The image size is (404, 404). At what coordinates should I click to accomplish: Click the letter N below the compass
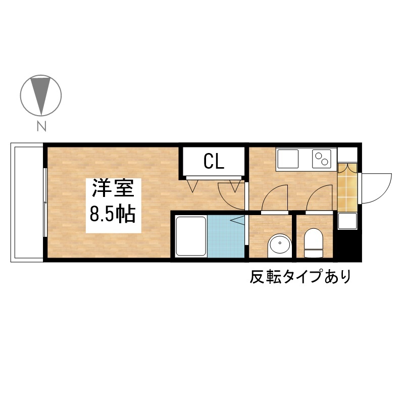(x=41, y=126)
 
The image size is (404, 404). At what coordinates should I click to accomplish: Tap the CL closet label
(x=214, y=162)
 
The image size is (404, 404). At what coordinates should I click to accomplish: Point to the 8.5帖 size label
(x=113, y=214)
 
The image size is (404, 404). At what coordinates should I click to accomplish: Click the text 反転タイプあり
(x=300, y=276)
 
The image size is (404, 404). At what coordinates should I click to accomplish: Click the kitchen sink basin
(x=288, y=159)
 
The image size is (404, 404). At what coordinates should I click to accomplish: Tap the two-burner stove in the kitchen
(x=322, y=159)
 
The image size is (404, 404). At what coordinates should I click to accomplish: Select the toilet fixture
(x=313, y=243)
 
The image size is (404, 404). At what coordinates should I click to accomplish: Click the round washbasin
(x=280, y=245)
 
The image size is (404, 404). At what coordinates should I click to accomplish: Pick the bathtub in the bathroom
(x=191, y=236)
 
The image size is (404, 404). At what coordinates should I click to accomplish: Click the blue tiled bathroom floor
(x=226, y=236)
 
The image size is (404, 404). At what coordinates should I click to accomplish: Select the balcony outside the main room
(x=27, y=203)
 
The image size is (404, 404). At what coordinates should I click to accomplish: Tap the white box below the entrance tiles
(x=347, y=221)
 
